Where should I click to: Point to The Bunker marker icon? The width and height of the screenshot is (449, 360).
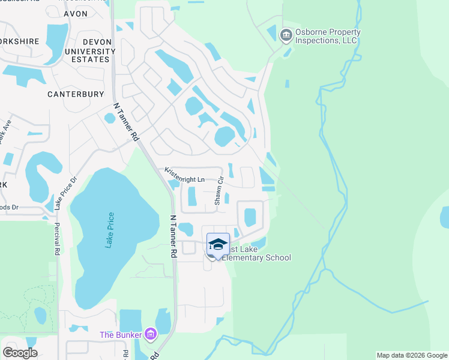150,333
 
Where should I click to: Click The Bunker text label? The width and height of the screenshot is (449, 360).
121,334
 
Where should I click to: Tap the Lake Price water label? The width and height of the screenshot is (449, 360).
109,230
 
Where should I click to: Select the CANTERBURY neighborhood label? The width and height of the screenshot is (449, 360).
76,94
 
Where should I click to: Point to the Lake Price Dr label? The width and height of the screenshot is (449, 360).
66,193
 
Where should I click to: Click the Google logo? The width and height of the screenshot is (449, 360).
20,352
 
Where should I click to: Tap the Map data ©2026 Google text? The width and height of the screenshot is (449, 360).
412,355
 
